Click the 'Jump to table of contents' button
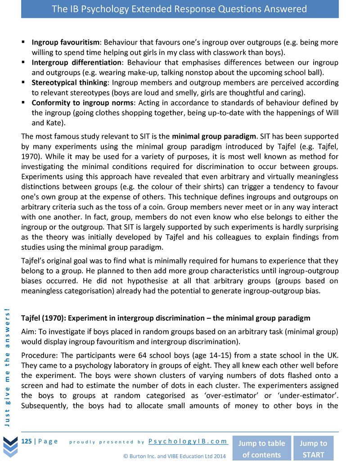click(261, 448)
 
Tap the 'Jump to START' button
click(313, 448)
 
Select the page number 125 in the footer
click(27, 441)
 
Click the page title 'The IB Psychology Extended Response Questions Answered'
click(180, 9)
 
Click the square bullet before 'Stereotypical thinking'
click(23, 82)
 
